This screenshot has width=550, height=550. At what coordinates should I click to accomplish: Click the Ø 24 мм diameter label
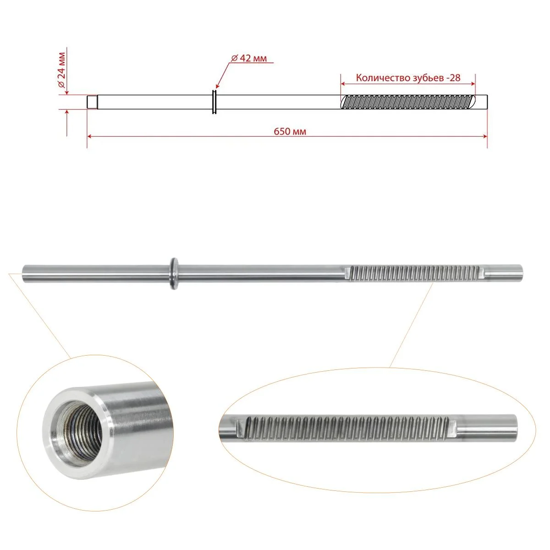[x=62, y=70]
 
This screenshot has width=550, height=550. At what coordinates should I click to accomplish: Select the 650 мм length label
[x=290, y=132]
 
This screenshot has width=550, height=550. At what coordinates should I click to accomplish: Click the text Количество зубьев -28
[x=408, y=78]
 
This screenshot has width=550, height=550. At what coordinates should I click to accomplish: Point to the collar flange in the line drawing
[x=214, y=102]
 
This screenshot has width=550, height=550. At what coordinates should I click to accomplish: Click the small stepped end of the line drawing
[x=92, y=102]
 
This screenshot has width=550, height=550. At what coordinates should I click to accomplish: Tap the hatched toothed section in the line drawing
[x=408, y=102]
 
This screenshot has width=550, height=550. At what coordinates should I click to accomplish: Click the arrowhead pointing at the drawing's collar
[x=218, y=86]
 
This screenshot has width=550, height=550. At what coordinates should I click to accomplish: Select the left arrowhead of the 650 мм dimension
[x=89, y=137]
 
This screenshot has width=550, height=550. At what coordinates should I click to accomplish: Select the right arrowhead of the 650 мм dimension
[x=484, y=137]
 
